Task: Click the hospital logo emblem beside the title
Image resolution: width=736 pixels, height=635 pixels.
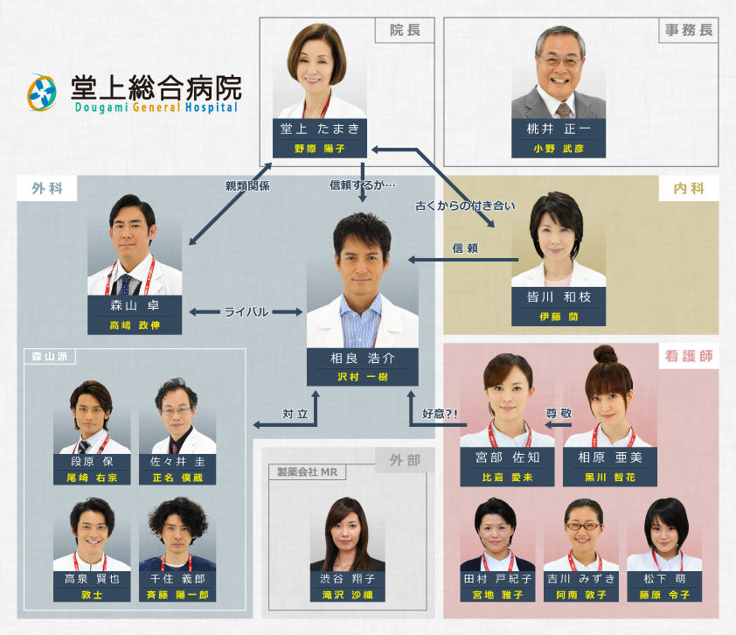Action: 42,93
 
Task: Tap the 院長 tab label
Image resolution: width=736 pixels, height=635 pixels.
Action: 405,31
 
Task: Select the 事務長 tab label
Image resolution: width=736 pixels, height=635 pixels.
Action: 689,31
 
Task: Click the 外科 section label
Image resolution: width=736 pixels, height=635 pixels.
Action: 47,188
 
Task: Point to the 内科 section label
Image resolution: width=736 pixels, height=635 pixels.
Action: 689,188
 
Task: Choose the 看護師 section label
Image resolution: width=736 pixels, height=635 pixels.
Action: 689,357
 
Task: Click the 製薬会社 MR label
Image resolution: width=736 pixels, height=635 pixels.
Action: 307,472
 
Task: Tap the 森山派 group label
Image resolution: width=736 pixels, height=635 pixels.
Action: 49,357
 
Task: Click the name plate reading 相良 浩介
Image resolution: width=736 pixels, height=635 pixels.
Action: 363,366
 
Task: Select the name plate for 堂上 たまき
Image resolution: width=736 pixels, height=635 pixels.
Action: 320,138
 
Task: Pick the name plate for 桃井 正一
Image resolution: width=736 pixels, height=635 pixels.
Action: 559,138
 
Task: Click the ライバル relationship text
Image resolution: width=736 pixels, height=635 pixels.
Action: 246,312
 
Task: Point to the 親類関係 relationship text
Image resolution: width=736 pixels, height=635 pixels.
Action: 247,186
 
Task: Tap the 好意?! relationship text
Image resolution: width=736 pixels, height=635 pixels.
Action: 440,414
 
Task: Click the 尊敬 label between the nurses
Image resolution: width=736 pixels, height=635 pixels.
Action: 559,413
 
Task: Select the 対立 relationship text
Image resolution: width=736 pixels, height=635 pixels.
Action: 295,414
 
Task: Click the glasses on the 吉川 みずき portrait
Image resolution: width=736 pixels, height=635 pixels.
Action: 583,527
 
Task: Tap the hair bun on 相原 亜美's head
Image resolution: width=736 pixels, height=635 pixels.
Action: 606,354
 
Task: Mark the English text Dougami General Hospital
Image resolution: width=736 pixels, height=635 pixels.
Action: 156,107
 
